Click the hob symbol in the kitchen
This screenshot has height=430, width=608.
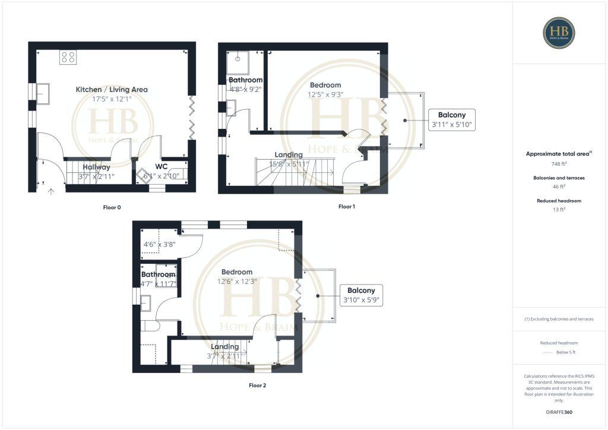pyautogui.click(x=68, y=57)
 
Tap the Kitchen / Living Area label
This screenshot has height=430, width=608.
pyautogui.click(x=112, y=90)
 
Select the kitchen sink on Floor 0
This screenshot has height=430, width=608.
pyautogui.click(x=43, y=94)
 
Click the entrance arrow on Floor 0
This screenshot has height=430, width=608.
pyautogui.click(x=51, y=191)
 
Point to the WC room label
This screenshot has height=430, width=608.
pyautogui.click(x=161, y=167)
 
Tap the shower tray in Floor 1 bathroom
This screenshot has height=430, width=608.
pyautogui.click(x=237, y=58)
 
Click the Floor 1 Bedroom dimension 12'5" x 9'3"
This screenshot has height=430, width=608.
pyautogui.click(x=325, y=94)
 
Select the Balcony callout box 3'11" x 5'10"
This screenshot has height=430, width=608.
pyautogui.click(x=452, y=120)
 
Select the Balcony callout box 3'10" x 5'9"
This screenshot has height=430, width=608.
pyautogui.click(x=361, y=295)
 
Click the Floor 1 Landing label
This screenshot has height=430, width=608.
pyautogui.click(x=289, y=155)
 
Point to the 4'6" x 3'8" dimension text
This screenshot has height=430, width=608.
pyautogui.click(x=159, y=244)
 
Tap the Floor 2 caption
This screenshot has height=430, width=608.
pyautogui.click(x=257, y=385)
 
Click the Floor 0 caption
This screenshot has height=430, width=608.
pyautogui.click(x=112, y=208)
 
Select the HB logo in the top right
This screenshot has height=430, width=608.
pyautogui.click(x=558, y=32)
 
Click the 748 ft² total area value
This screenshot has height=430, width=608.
pyautogui.click(x=558, y=165)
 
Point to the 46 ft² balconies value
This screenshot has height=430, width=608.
pyautogui.click(x=558, y=187)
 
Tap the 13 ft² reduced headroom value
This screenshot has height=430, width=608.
pyautogui.click(x=558, y=210)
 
